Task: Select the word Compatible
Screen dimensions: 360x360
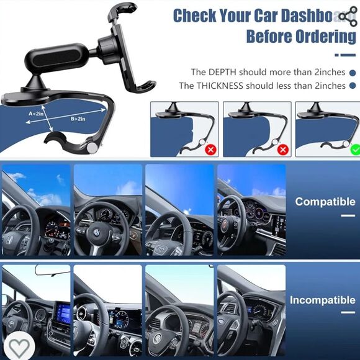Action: pyautogui.click(x=325, y=202)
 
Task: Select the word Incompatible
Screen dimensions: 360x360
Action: pyautogui.click(x=323, y=300)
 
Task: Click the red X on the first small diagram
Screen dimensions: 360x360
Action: pyautogui.click(x=211, y=150)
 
